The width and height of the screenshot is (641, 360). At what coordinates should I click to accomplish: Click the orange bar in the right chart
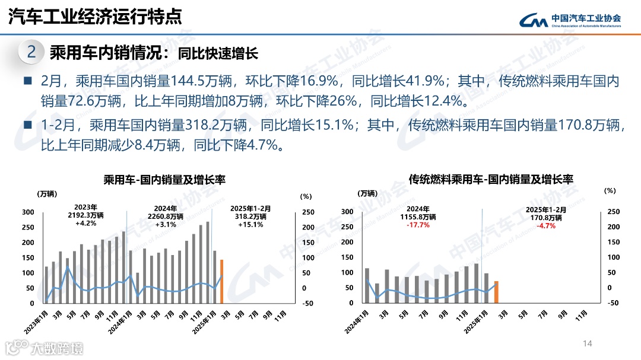tap(496, 292)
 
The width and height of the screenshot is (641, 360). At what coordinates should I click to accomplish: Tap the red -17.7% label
tap(418, 225)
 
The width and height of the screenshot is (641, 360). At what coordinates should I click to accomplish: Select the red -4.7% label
tap(546, 225)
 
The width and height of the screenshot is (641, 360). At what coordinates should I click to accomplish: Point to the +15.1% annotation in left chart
tap(250, 225)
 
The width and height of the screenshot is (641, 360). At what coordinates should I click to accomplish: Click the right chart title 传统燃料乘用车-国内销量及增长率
tap(491, 179)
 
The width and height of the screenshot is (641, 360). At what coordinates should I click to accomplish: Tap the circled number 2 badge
tap(31, 52)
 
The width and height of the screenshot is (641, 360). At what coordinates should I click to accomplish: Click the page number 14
tap(588, 343)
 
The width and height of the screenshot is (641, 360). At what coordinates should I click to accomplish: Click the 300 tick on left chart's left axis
tap(28, 212)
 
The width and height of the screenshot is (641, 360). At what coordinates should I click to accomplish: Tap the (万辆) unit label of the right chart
tap(367, 193)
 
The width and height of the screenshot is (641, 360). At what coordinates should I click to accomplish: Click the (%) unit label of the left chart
tap(306, 195)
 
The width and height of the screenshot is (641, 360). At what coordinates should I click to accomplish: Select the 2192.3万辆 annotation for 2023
tap(87, 216)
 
